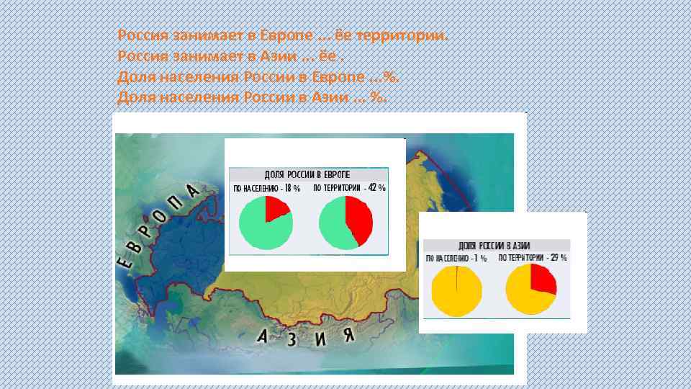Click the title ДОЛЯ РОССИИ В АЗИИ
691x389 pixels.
[x=494, y=245]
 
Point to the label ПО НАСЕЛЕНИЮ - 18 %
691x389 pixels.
[x=266, y=188]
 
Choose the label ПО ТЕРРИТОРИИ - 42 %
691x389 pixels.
[x=349, y=188]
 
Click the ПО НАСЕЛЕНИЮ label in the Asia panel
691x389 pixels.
[x=456, y=257]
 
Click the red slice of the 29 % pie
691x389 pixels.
[x=543, y=277]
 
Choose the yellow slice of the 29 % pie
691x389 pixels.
[x=525, y=297]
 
